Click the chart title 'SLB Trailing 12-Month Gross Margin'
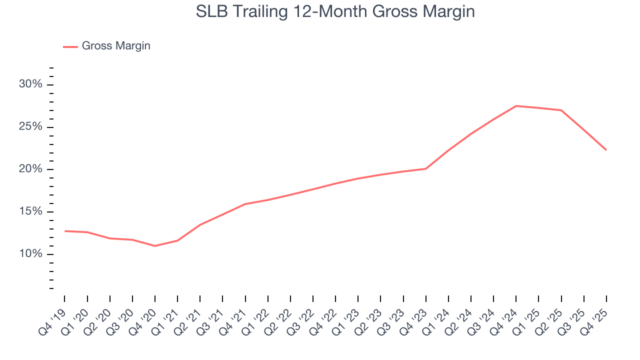click(335, 11)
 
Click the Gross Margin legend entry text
click(116, 46)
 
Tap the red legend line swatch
click(70, 46)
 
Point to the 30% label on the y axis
click(30, 84)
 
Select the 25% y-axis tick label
click(30, 126)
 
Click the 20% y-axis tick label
click(30, 169)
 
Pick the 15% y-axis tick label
click(30, 211)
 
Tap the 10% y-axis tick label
click(30, 254)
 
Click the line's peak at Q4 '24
click(516, 106)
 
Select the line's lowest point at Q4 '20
click(155, 246)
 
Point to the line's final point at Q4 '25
click(606, 150)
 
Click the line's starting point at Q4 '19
click(65, 231)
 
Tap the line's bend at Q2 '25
click(561, 110)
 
